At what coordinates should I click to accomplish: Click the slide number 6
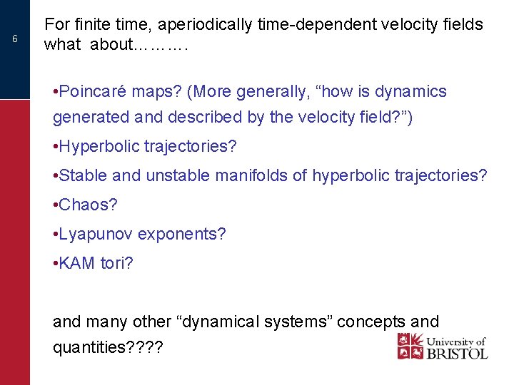15,38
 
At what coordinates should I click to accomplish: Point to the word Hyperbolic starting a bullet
100,147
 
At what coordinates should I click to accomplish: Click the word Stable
83,175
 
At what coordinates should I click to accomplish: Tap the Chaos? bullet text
85,205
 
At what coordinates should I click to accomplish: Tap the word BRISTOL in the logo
456,353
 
